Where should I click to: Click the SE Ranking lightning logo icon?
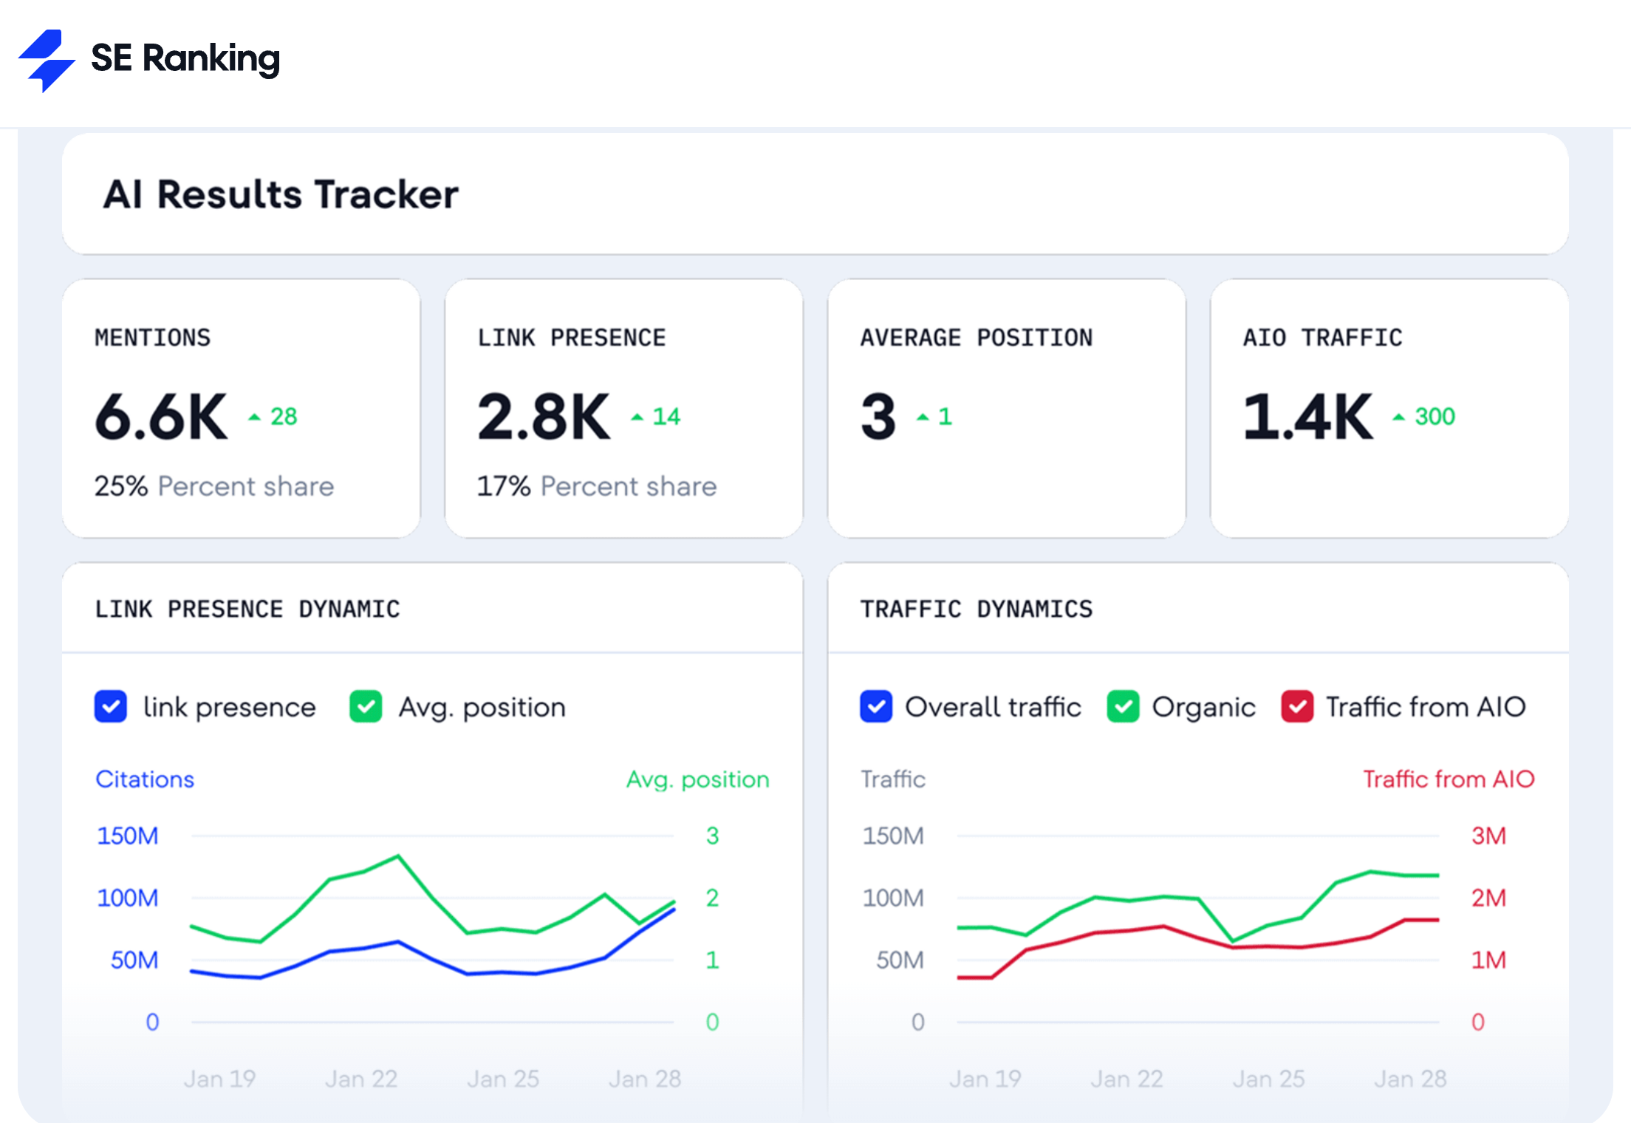[46, 61]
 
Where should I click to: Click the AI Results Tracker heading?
[280, 194]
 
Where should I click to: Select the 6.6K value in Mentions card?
[161, 417]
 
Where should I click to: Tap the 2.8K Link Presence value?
[544, 417]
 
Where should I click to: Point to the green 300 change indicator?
[1433, 417]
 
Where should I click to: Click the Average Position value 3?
[878, 417]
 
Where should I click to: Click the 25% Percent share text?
[214, 486]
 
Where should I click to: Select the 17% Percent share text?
[597, 486]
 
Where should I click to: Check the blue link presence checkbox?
[111, 707]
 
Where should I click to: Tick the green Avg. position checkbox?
[366, 707]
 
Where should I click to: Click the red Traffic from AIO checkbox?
[1297, 707]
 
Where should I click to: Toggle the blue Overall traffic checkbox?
[876, 707]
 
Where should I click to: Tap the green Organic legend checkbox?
[1123, 707]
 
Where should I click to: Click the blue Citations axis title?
[145, 779]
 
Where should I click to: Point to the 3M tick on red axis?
[1488, 836]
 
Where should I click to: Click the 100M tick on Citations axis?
[127, 898]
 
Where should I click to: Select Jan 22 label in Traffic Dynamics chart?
[1126, 1079]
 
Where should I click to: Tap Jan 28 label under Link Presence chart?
[644, 1079]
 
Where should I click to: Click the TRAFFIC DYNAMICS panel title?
[976, 609]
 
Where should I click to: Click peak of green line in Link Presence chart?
[398, 856]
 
